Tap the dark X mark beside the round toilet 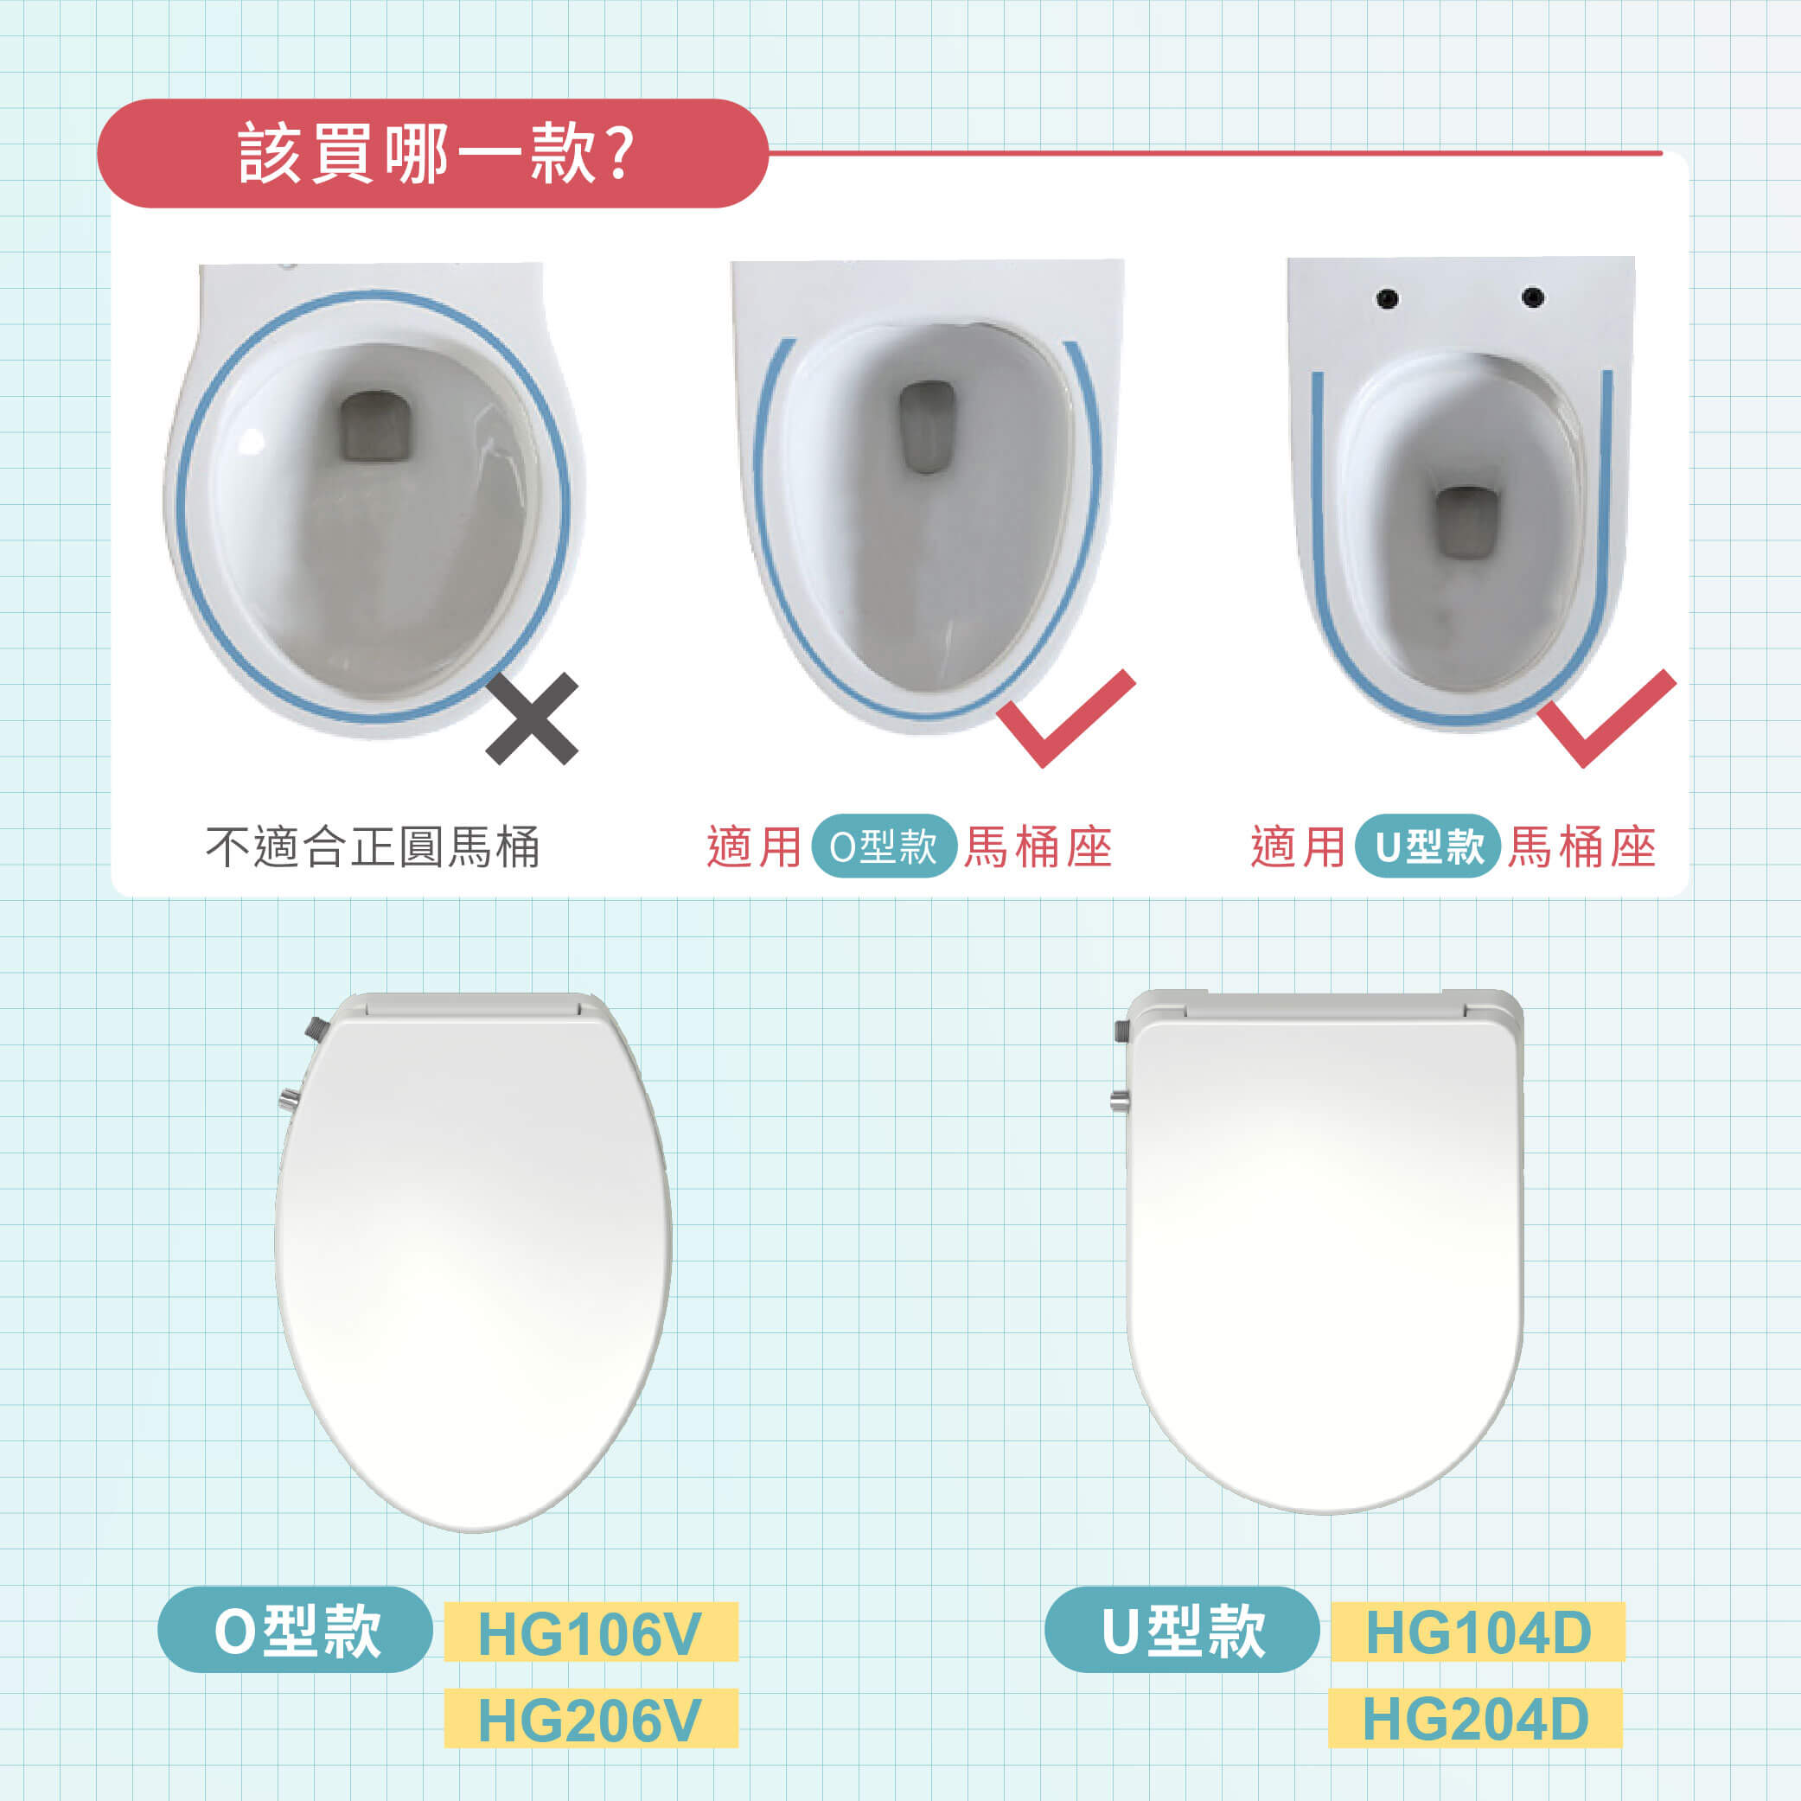pyautogui.click(x=533, y=718)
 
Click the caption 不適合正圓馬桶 pyautogui.click(x=373, y=846)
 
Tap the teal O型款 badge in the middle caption pyautogui.click(x=883, y=846)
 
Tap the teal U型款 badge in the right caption pyautogui.click(x=1427, y=846)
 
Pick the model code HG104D pyautogui.click(x=1478, y=1632)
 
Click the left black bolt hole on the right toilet pyautogui.click(x=1387, y=298)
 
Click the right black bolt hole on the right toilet pyautogui.click(x=1532, y=297)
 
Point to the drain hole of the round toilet pyautogui.click(x=374, y=426)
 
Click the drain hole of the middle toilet pyautogui.click(x=927, y=425)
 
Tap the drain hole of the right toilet pyautogui.click(x=1466, y=522)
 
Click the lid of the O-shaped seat pyautogui.click(x=474, y=1268)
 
